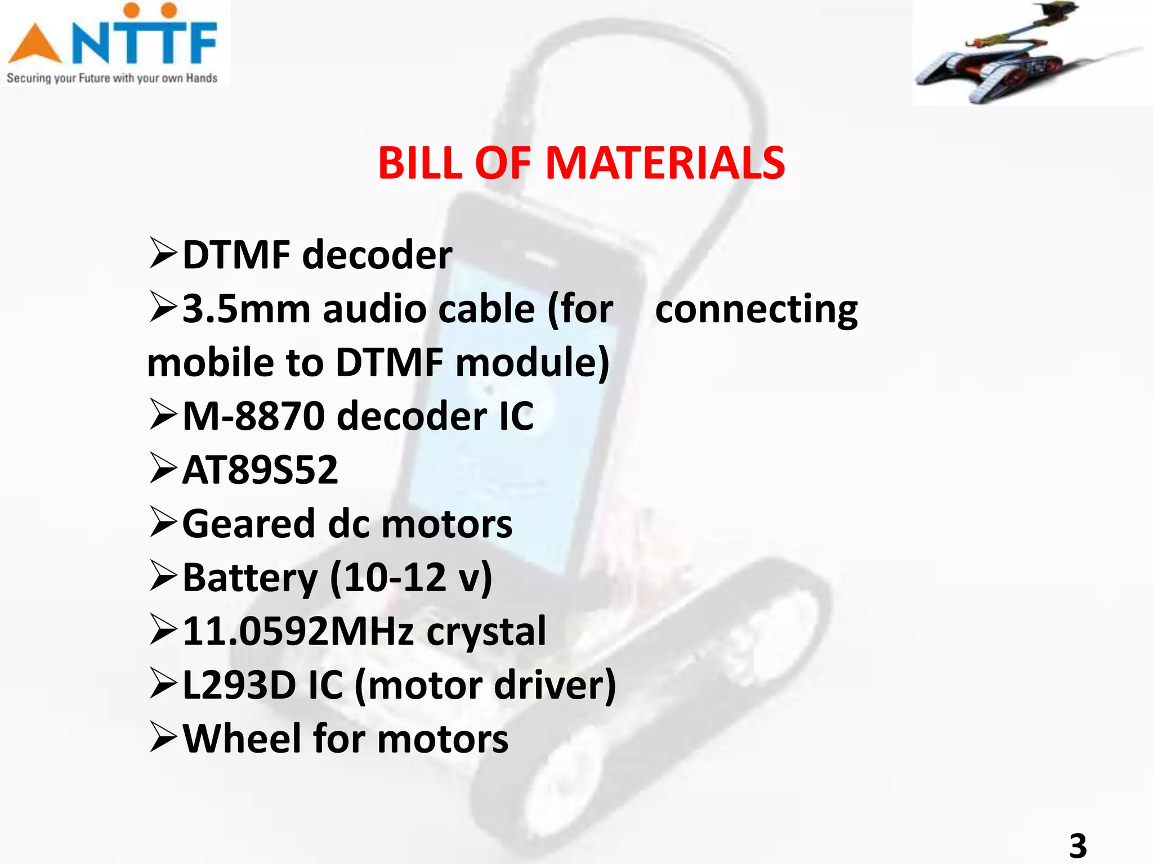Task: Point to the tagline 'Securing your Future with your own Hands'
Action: tap(111, 78)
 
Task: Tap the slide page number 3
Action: tap(1078, 845)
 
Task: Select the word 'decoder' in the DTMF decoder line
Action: tap(377, 255)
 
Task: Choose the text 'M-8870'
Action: tap(254, 416)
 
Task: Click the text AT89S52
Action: tap(260, 470)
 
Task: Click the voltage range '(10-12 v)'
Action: tap(411, 578)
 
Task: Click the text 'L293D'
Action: tap(239, 685)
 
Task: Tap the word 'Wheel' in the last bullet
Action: tap(243, 739)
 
